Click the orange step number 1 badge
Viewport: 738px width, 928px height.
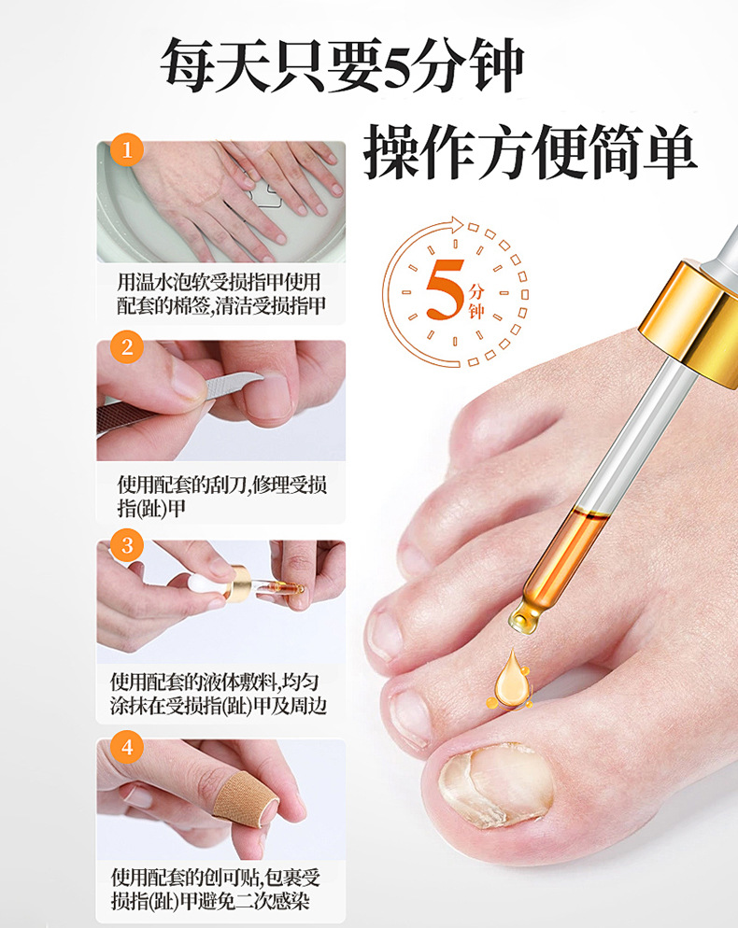point(127,149)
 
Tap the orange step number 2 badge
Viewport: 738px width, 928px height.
point(127,347)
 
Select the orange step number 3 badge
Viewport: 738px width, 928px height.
point(127,545)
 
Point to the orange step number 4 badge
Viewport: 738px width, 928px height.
point(127,748)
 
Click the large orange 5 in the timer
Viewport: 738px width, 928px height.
point(446,289)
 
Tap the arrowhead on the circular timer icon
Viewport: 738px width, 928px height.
point(457,224)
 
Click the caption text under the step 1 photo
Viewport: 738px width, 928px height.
point(220,293)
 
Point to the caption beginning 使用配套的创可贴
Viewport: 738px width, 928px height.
point(216,889)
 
